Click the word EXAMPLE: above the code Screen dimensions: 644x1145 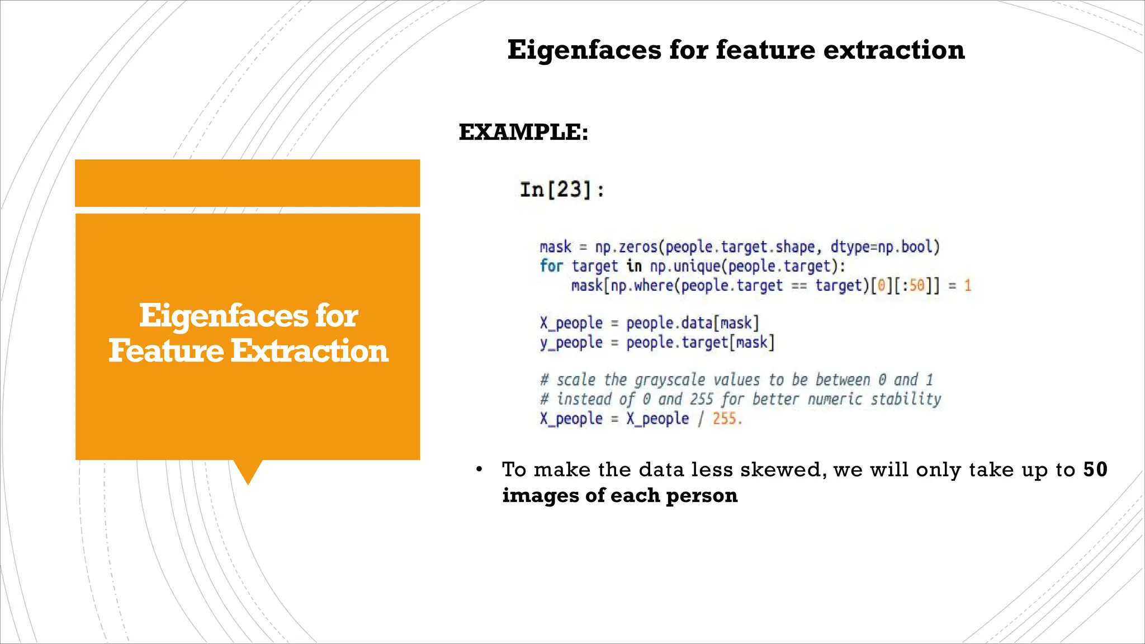click(523, 132)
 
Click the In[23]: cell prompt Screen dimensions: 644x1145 click(562, 190)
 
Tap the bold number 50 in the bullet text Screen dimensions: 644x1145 click(1095, 470)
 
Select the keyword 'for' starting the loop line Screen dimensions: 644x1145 click(551, 266)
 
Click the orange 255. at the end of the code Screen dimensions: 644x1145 click(727, 419)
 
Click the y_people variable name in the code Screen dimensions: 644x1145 click(571, 343)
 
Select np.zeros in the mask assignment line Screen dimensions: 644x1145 click(626, 247)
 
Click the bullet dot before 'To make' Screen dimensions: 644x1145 click(479, 470)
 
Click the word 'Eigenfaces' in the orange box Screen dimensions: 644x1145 click(223, 316)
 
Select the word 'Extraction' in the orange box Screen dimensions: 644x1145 click(309, 351)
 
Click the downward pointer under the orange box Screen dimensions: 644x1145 click(248, 472)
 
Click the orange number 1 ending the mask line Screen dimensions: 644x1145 click(968, 286)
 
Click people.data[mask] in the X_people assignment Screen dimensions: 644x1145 click(692, 323)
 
